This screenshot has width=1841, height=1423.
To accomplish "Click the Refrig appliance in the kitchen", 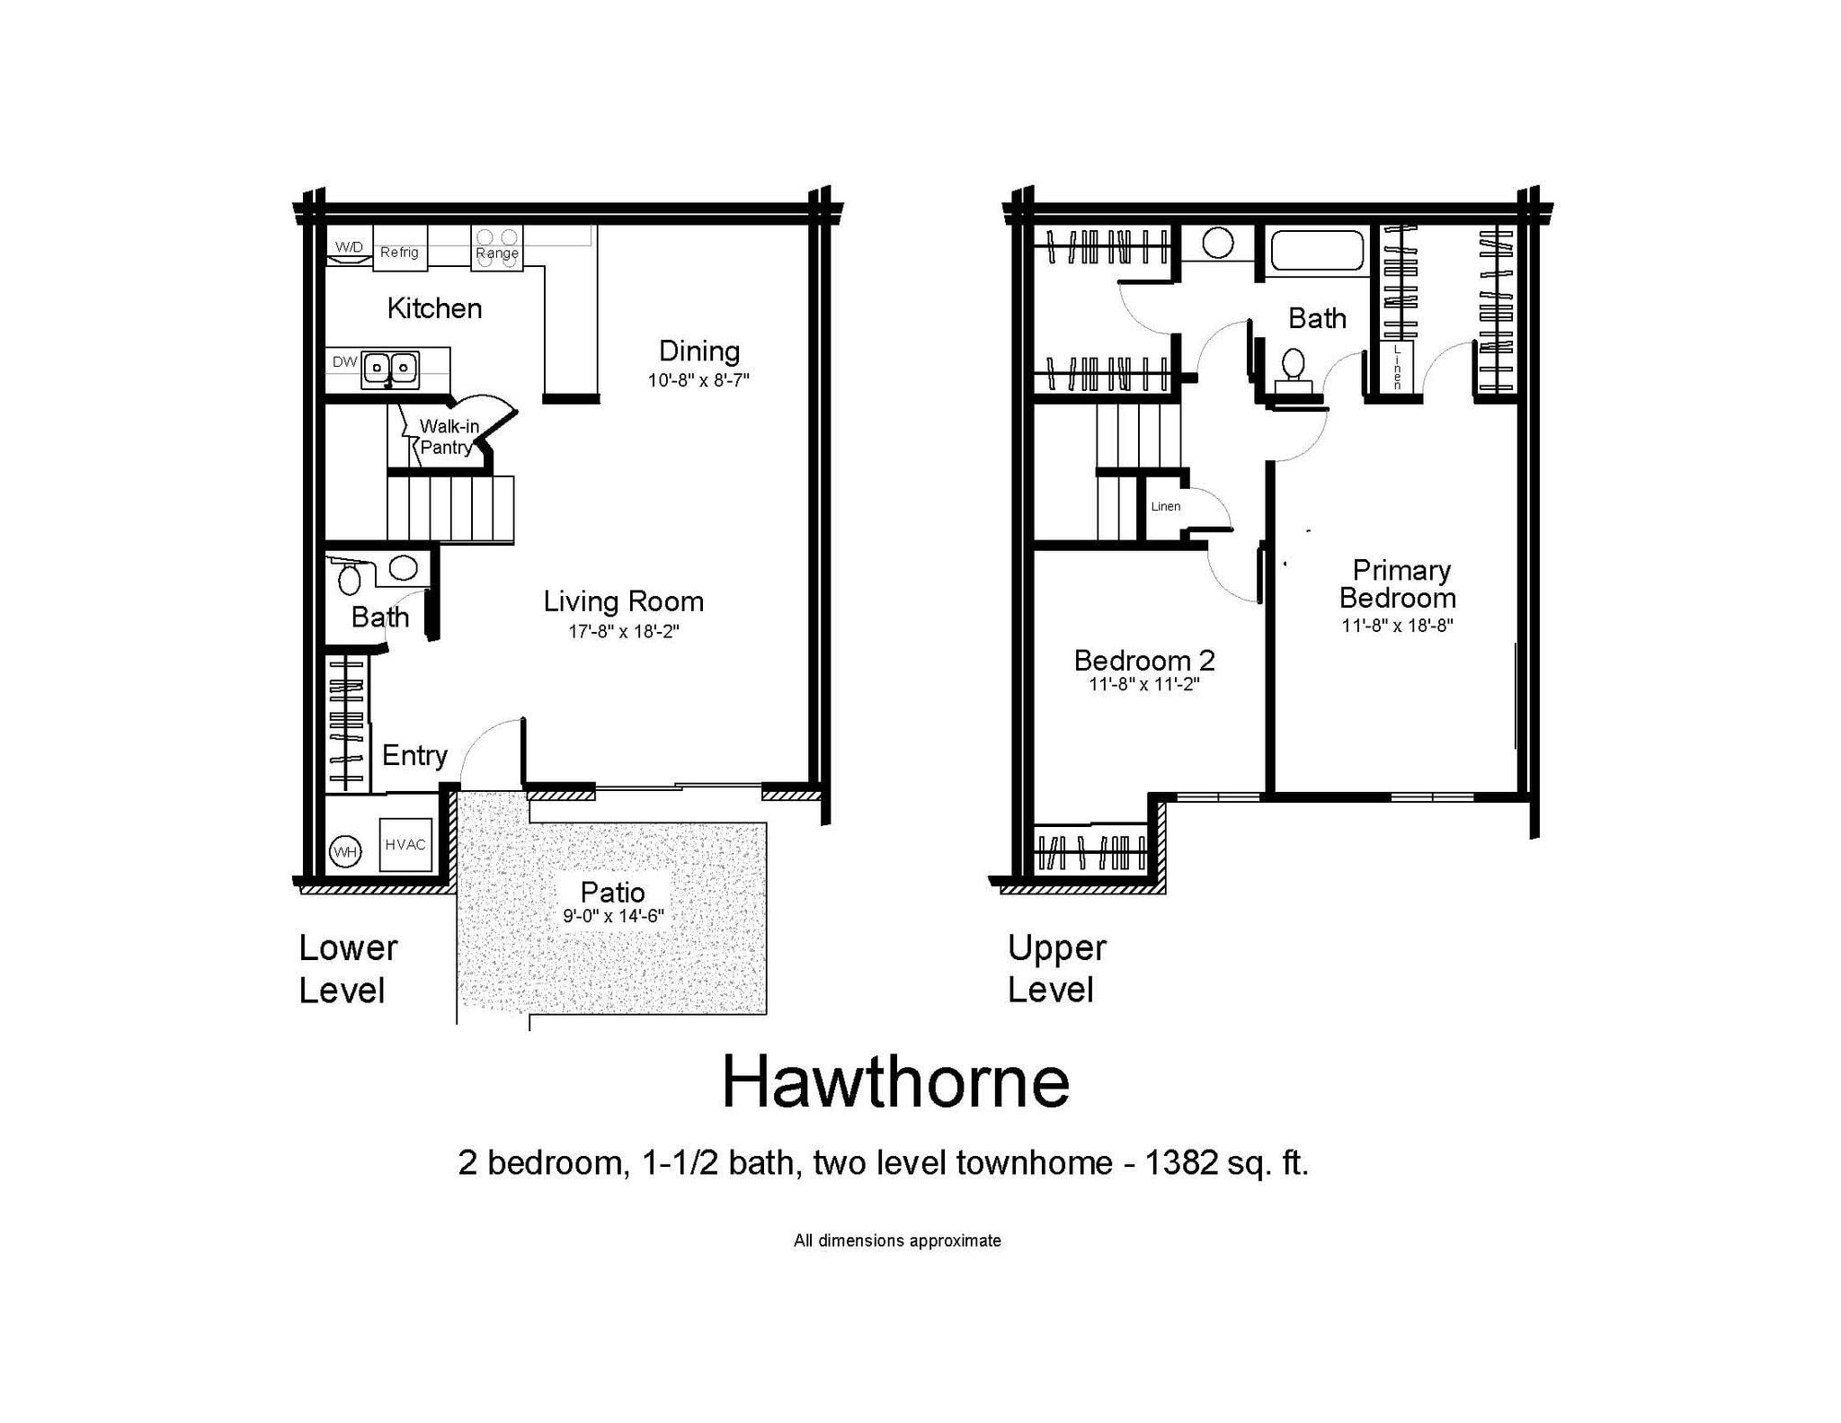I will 399,248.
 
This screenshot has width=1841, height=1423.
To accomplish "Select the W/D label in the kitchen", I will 350,246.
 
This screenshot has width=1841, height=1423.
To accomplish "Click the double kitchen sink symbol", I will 389,369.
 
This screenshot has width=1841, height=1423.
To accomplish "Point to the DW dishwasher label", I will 344,362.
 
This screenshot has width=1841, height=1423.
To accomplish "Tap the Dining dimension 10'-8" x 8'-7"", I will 698,380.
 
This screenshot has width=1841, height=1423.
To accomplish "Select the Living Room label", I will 623,601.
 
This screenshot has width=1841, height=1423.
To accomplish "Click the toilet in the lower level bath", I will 350,577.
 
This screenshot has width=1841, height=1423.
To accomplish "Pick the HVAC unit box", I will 405,844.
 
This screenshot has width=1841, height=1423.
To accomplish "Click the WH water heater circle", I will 345,851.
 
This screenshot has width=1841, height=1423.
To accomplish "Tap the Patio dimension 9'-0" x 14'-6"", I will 612,916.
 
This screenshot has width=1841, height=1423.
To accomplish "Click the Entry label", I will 414,755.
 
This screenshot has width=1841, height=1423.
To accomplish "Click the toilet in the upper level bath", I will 1293,369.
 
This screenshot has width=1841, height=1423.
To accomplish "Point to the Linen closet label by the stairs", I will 1165,506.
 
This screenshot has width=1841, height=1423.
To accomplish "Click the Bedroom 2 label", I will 1144,661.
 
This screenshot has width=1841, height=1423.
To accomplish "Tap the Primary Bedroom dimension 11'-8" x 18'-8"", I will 1397,626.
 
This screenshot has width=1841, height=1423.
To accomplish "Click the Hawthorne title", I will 895,1082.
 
